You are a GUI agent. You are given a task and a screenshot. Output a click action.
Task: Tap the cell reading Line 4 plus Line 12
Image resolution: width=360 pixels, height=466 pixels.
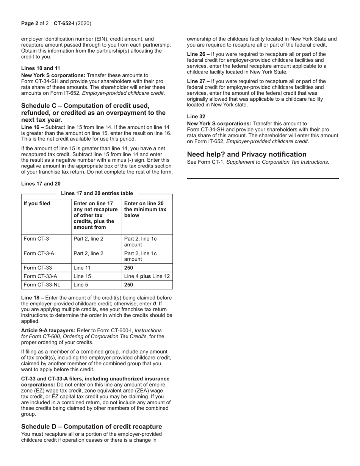147,276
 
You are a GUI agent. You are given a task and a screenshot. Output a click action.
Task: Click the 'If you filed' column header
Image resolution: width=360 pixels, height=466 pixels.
37,203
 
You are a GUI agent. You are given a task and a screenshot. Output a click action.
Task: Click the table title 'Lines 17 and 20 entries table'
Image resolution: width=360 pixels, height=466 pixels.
97,193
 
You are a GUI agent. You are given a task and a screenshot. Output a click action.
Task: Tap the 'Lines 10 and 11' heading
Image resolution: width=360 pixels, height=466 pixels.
41,68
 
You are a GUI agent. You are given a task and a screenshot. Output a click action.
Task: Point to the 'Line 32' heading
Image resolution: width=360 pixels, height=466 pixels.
196,117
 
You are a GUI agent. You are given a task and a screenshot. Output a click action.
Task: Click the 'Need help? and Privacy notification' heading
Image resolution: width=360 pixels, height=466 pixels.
247,154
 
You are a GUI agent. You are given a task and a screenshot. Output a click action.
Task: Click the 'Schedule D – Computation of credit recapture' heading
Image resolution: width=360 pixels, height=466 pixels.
91,427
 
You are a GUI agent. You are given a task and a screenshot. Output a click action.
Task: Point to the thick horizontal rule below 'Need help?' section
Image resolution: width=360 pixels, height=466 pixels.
263,178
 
